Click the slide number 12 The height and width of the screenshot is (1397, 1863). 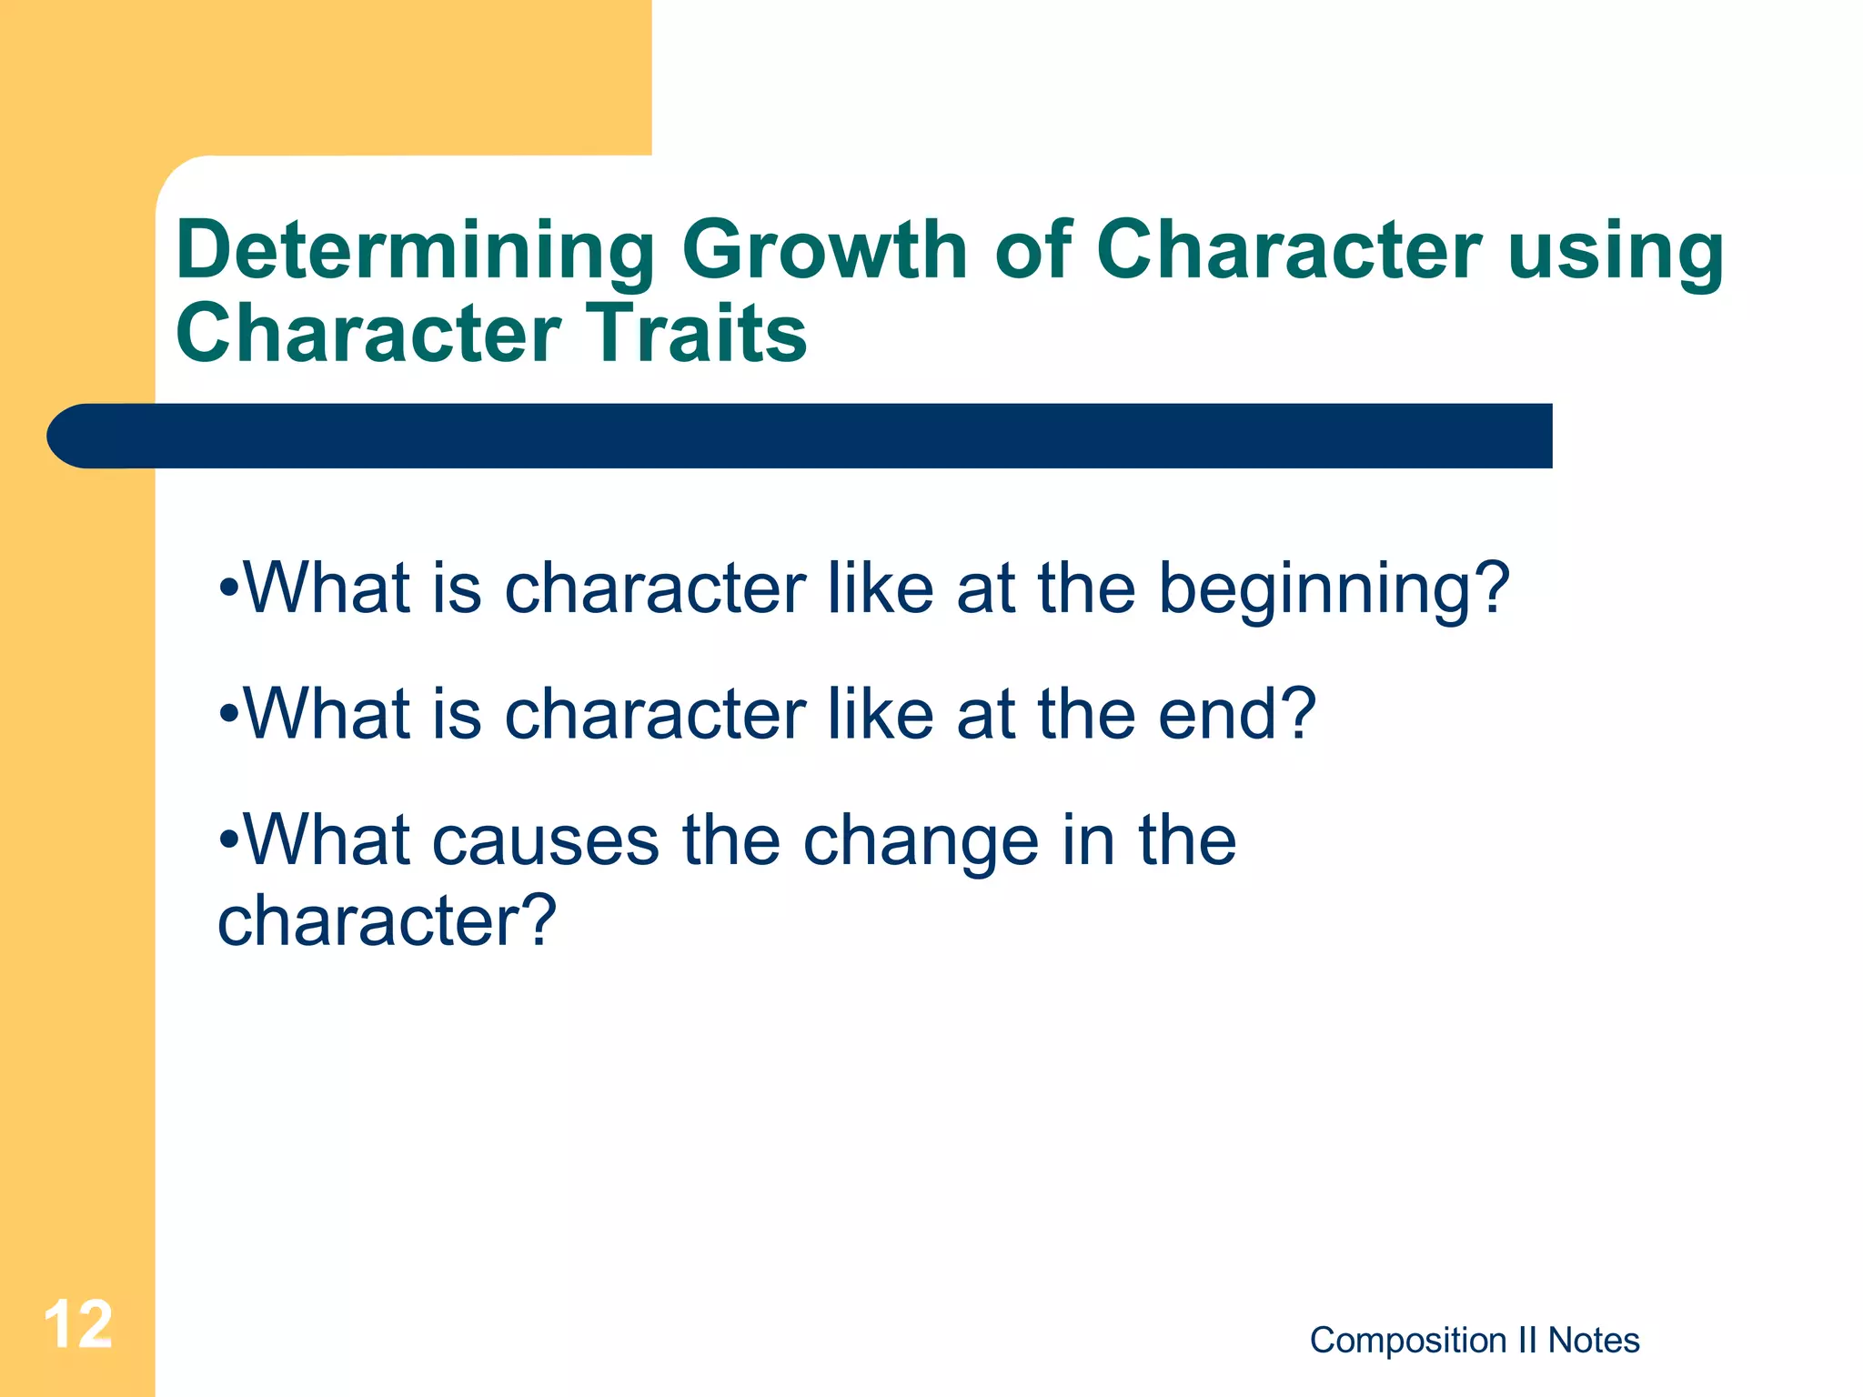(78, 1325)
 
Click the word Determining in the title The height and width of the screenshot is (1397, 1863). (415, 251)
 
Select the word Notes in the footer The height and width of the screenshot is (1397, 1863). (1594, 1341)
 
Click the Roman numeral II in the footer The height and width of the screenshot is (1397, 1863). (1527, 1341)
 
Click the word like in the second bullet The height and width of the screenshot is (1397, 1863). (880, 714)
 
